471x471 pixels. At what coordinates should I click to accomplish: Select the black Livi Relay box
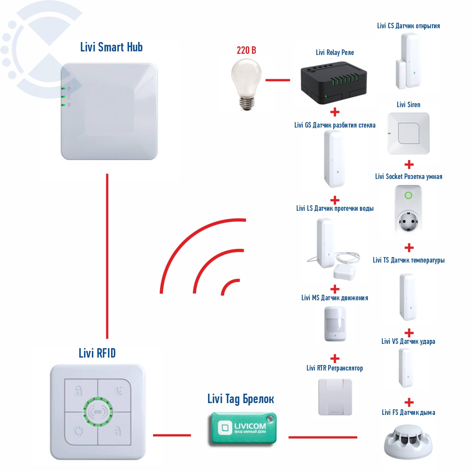pyautogui.click(x=334, y=84)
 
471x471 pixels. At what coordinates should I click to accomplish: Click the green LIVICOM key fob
pyautogui.click(x=243, y=428)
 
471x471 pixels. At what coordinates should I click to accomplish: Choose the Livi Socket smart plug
pyautogui.click(x=409, y=210)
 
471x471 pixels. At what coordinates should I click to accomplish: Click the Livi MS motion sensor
pyautogui.click(x=335, y=324)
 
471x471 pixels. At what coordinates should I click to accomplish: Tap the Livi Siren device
pyautogui.click(x=408, y=133)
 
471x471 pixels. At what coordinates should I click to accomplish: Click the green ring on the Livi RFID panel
pyautogui.click(x=98, y=412)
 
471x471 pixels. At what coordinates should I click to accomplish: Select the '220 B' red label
pyautogui.click(x=246, y=50)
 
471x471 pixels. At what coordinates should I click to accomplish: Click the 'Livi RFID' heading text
pyautogui.click(x=97, y=353)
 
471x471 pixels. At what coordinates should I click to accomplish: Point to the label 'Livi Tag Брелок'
pyautogui.click(x=241, y=399)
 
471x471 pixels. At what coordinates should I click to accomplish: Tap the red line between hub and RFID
pyautogui.click(x=107, y=255)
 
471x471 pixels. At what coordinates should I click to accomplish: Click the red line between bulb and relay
pyautogui.click(x=277, y=80)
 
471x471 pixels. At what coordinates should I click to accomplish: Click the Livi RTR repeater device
pyautogui.click(x=335, y=397)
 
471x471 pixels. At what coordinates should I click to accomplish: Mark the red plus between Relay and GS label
pyautogui.click(x=335, y=112)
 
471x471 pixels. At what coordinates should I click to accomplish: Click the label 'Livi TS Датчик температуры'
pyautogui.click(x=409, y=260)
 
